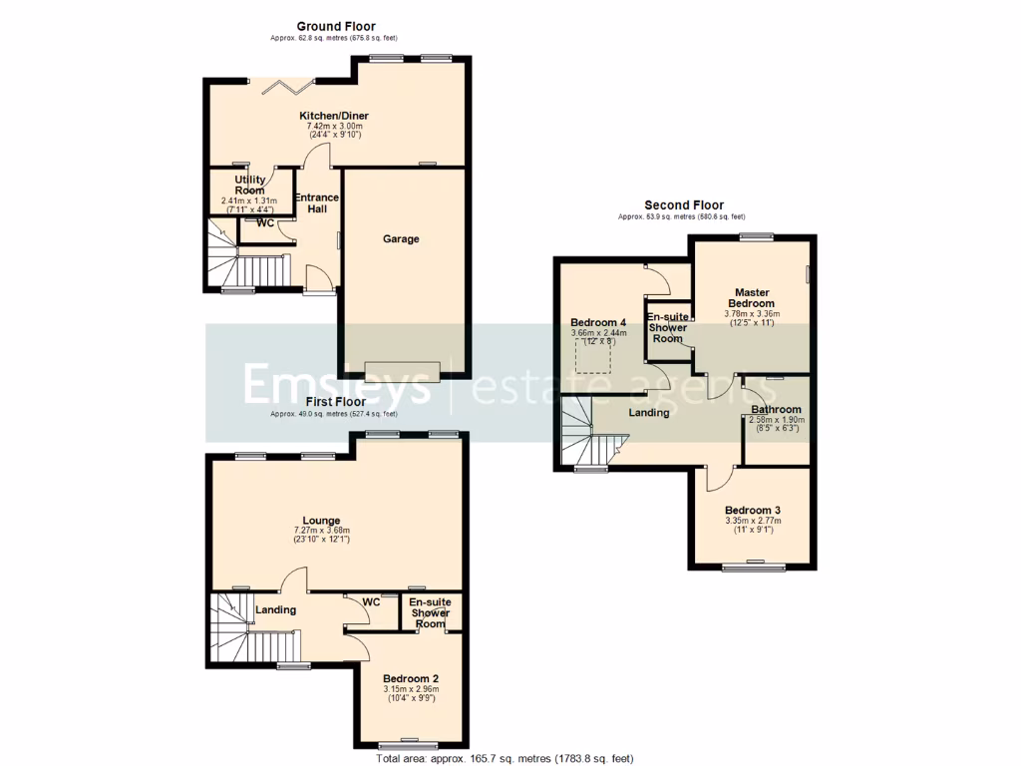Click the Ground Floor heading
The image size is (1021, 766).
[x=336, y=26]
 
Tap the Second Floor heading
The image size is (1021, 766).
[x=683, y=205]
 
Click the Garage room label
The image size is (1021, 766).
[x=402, y=239]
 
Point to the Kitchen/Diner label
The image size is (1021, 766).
[x=334, y=116]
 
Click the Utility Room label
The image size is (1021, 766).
[x=249, y=185]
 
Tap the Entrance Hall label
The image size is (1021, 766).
[x=316, y=203]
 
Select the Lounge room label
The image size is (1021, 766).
[x=322, y=521]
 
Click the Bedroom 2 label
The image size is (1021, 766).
[x=411, y=677]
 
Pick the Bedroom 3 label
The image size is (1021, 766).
[x=753, y=510]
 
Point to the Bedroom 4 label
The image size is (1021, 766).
[x=598, y=323]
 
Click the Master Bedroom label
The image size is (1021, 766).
[x=751, y=297]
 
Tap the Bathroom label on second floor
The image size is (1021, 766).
[x=777, y=410]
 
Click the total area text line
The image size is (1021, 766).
[x=505, y=759]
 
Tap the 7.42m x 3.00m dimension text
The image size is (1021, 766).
[x=334, y=127]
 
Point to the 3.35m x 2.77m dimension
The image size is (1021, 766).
[x=753, y=521]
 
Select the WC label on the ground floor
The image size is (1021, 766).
[x=265, y=223]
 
